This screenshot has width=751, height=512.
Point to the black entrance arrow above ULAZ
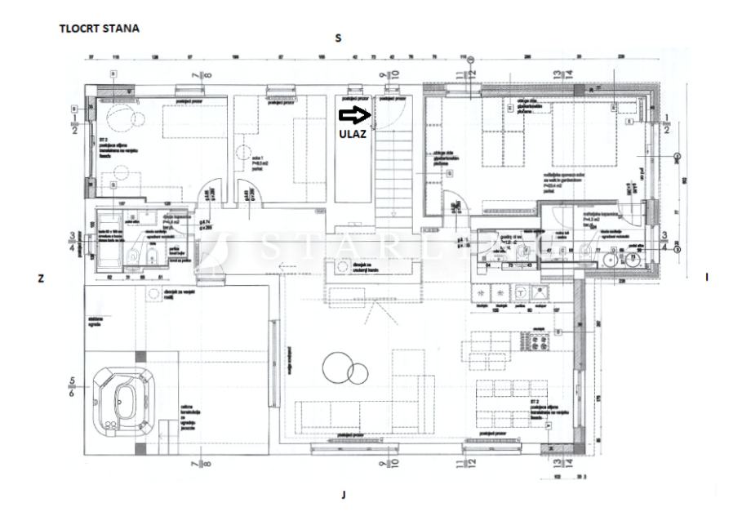click(354, 115)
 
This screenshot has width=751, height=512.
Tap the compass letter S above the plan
click(338, 38)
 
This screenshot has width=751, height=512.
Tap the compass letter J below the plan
click(344, 494)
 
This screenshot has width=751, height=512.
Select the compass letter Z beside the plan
click(40, 278)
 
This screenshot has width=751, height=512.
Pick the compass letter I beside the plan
click(706, 278)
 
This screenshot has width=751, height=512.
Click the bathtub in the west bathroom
click(108, 237)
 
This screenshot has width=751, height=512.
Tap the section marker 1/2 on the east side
click(668, 125)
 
